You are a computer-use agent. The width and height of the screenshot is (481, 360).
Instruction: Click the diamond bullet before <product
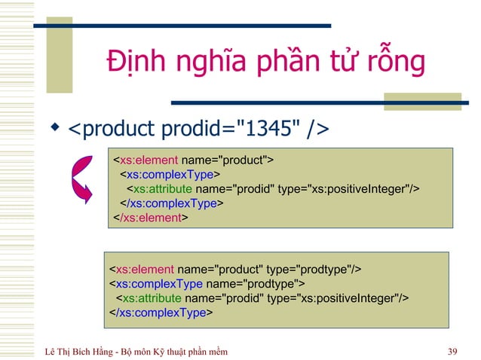click(x=54, y=129)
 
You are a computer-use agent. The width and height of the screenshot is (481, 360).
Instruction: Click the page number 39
click(x=452, y=350)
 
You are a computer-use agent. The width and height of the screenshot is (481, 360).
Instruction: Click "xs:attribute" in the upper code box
click(x=161, y=188)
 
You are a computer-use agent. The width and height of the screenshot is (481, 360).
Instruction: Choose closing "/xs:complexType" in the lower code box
click(x=164, y=313)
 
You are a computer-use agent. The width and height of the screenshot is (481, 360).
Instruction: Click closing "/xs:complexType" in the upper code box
click(x=173, y=203)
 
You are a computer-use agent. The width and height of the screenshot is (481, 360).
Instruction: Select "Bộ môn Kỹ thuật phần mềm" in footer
click(x=176, y=350)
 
